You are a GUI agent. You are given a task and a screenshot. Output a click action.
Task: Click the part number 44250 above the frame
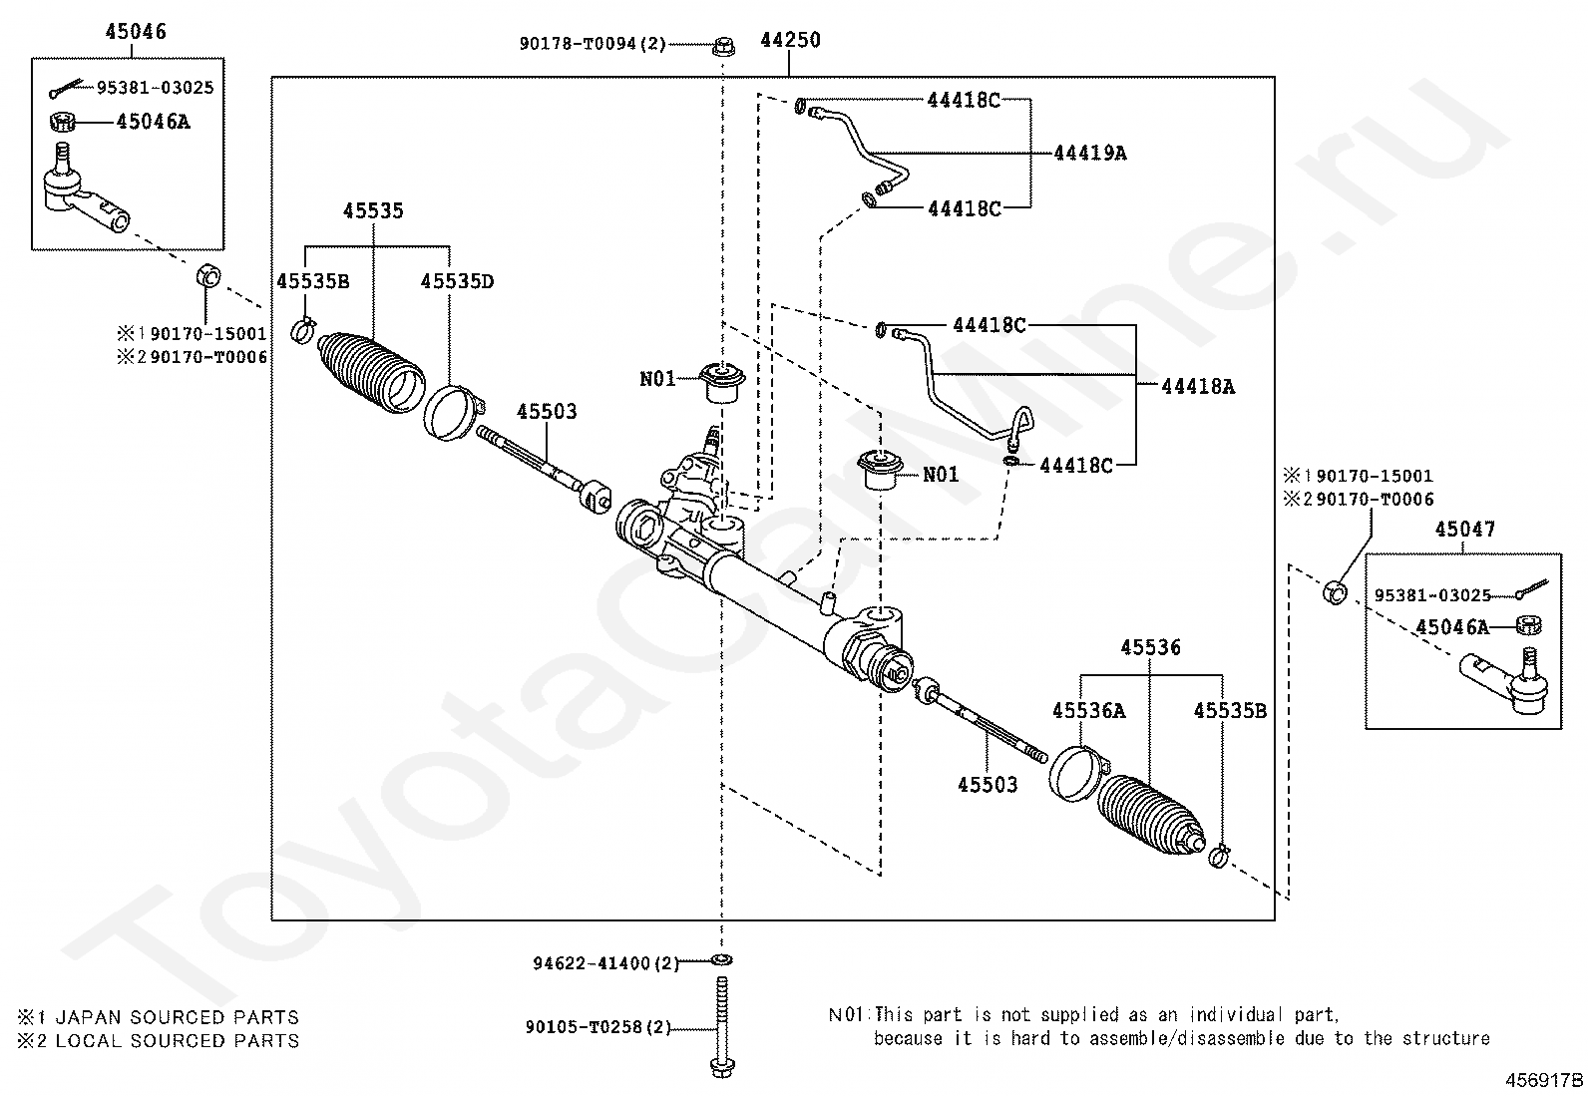coord(790,40)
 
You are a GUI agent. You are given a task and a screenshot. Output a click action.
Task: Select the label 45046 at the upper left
coord(136,31)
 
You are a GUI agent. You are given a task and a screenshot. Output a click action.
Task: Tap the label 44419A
coord(1089,154)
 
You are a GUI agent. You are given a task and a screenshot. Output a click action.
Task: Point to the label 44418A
coord(1198,386)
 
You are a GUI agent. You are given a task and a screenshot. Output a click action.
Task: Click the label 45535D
coord(457,281)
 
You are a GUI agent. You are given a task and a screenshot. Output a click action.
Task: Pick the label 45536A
coord(1088,710)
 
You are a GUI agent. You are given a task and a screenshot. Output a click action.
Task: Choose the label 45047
coord(1464,529)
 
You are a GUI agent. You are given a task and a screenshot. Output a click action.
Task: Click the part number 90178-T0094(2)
coord(593,44)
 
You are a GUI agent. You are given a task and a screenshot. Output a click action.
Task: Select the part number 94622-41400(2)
coord(605,963)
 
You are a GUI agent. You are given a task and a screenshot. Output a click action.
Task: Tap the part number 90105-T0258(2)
coord(597,1027)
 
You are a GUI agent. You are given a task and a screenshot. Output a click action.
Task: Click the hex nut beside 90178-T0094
coord(723,46)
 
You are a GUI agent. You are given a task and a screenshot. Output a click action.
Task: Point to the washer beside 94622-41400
coord(722,960)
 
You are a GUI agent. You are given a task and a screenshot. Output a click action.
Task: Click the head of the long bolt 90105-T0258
coord(722,1067)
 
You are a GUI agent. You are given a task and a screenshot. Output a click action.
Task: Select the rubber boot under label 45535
coord(371,371)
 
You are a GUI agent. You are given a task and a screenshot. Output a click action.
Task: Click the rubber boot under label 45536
coord(1151,815)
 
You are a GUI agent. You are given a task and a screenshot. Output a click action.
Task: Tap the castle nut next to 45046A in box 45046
coord(63,122)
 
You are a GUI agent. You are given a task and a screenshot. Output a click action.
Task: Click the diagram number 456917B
coord(1544,1080)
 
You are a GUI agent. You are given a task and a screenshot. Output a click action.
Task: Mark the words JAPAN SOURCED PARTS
coord(178,1017)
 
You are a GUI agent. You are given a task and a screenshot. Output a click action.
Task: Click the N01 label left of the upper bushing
coord(657,379)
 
